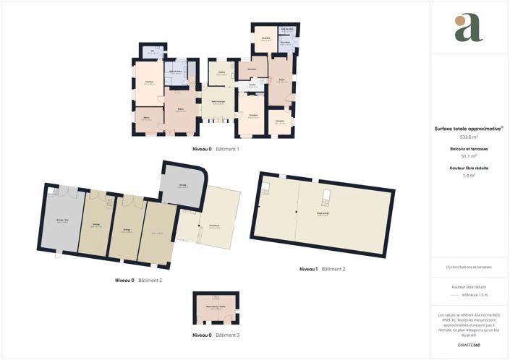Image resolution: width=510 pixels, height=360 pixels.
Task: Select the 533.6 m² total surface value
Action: [469, 137]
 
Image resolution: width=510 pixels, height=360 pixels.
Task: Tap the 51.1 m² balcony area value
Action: [469, 155]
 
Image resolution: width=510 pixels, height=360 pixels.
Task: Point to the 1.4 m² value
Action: [469, 175]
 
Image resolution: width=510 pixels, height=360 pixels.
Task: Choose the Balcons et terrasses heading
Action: [469, 148]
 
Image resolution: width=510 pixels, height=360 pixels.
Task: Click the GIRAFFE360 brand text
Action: [469, 346]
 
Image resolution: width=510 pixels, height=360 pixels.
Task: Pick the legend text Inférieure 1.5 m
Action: [475, 295]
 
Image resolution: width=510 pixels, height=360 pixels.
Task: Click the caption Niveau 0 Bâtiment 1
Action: [216, 149]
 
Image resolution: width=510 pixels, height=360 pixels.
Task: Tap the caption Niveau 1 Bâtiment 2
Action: [322, 269]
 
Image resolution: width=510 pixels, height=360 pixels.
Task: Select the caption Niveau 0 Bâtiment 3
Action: [216, 335]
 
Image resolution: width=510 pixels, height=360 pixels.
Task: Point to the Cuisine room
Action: [222, 74]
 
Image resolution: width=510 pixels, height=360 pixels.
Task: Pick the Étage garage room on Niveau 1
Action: [323, 215]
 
